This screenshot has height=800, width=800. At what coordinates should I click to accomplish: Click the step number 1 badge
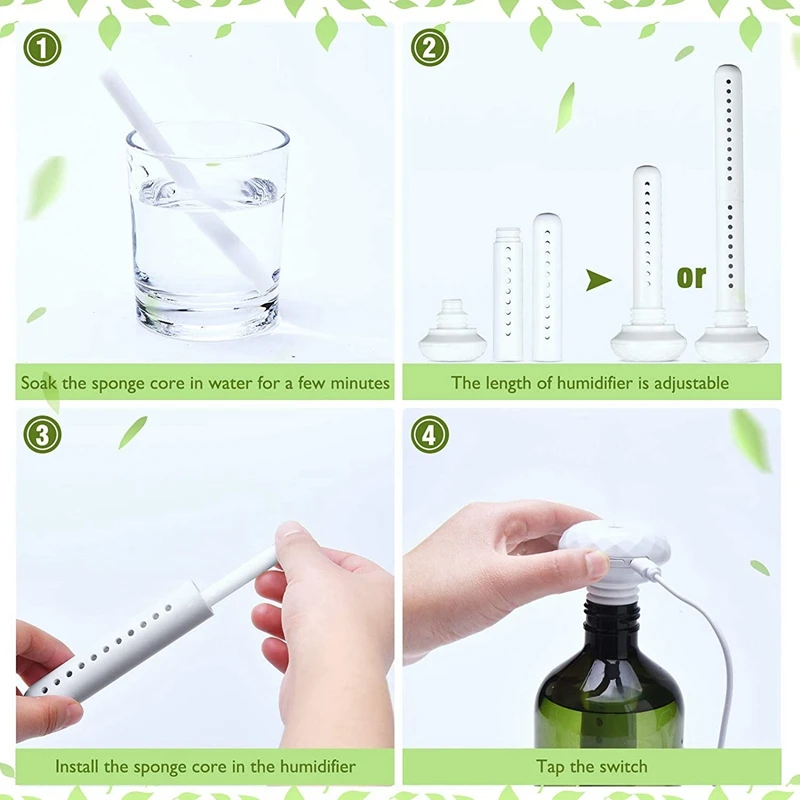point(43,47)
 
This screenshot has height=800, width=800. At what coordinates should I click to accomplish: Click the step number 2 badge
point(429,47)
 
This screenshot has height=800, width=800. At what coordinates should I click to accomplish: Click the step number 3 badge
point(43,434)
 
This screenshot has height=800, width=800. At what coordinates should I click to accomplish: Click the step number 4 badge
point(429,434)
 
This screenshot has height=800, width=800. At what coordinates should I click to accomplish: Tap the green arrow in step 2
point(598,280)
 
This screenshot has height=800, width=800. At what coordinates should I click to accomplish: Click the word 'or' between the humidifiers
point(690,276)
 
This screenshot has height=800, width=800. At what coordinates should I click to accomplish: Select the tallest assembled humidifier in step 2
point(730,220)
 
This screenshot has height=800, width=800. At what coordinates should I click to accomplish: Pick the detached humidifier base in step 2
point(452,334)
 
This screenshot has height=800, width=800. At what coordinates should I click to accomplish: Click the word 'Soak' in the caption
point(42,383)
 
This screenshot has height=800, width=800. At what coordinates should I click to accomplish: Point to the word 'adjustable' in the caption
point(690,383)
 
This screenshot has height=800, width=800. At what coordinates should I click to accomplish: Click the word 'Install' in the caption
point(77,768)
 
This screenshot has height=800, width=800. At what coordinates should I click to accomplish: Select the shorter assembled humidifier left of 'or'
point(648,270)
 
